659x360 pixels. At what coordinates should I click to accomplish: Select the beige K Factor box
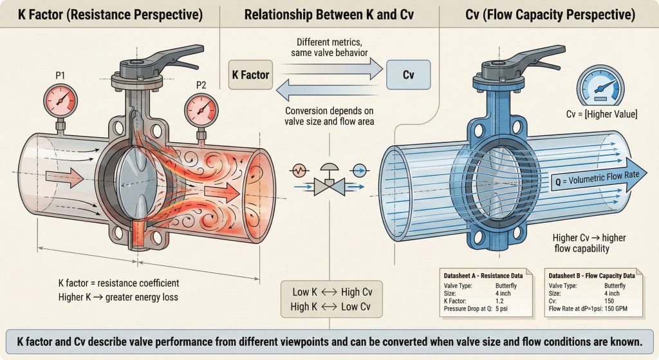point(250,75)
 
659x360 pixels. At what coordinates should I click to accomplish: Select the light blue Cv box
point(407,75)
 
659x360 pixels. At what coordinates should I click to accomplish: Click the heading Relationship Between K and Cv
point(329,14)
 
